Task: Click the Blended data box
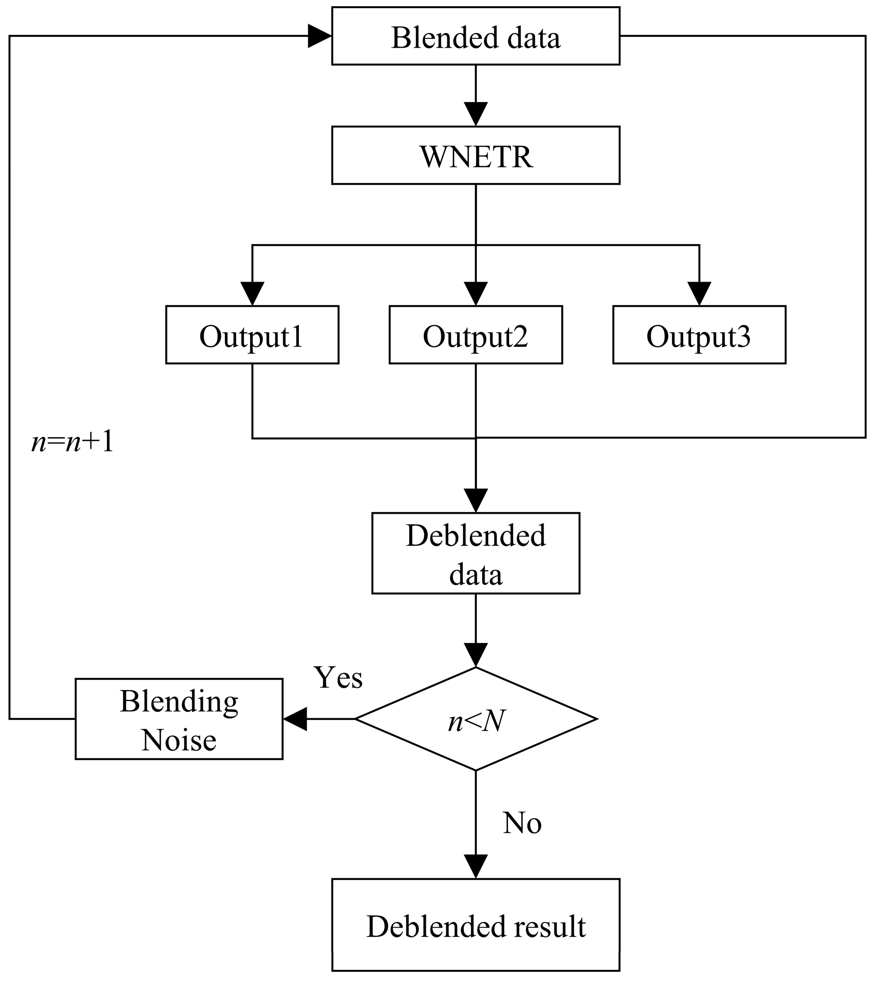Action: click(x=475, y=36)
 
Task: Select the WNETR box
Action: click(x=475, y=156)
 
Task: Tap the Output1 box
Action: click(x=252, y=335)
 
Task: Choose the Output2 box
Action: click(x=475, y=335)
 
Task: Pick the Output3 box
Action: click(x=699, y=335)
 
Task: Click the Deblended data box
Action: click(x=475, y=553)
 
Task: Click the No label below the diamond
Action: click(x=522, y=823)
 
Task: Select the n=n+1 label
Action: click(x=72, y=443)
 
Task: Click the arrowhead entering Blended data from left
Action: click(x=320, y=36)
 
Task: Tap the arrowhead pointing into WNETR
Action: click(x=475, y=114)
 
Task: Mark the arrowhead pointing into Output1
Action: click(x=252, y=294)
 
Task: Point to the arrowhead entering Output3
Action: click(x=699, y=294)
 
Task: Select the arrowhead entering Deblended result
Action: click(x=475, y=866)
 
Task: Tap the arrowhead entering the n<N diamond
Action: click(x=475, y=655)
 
